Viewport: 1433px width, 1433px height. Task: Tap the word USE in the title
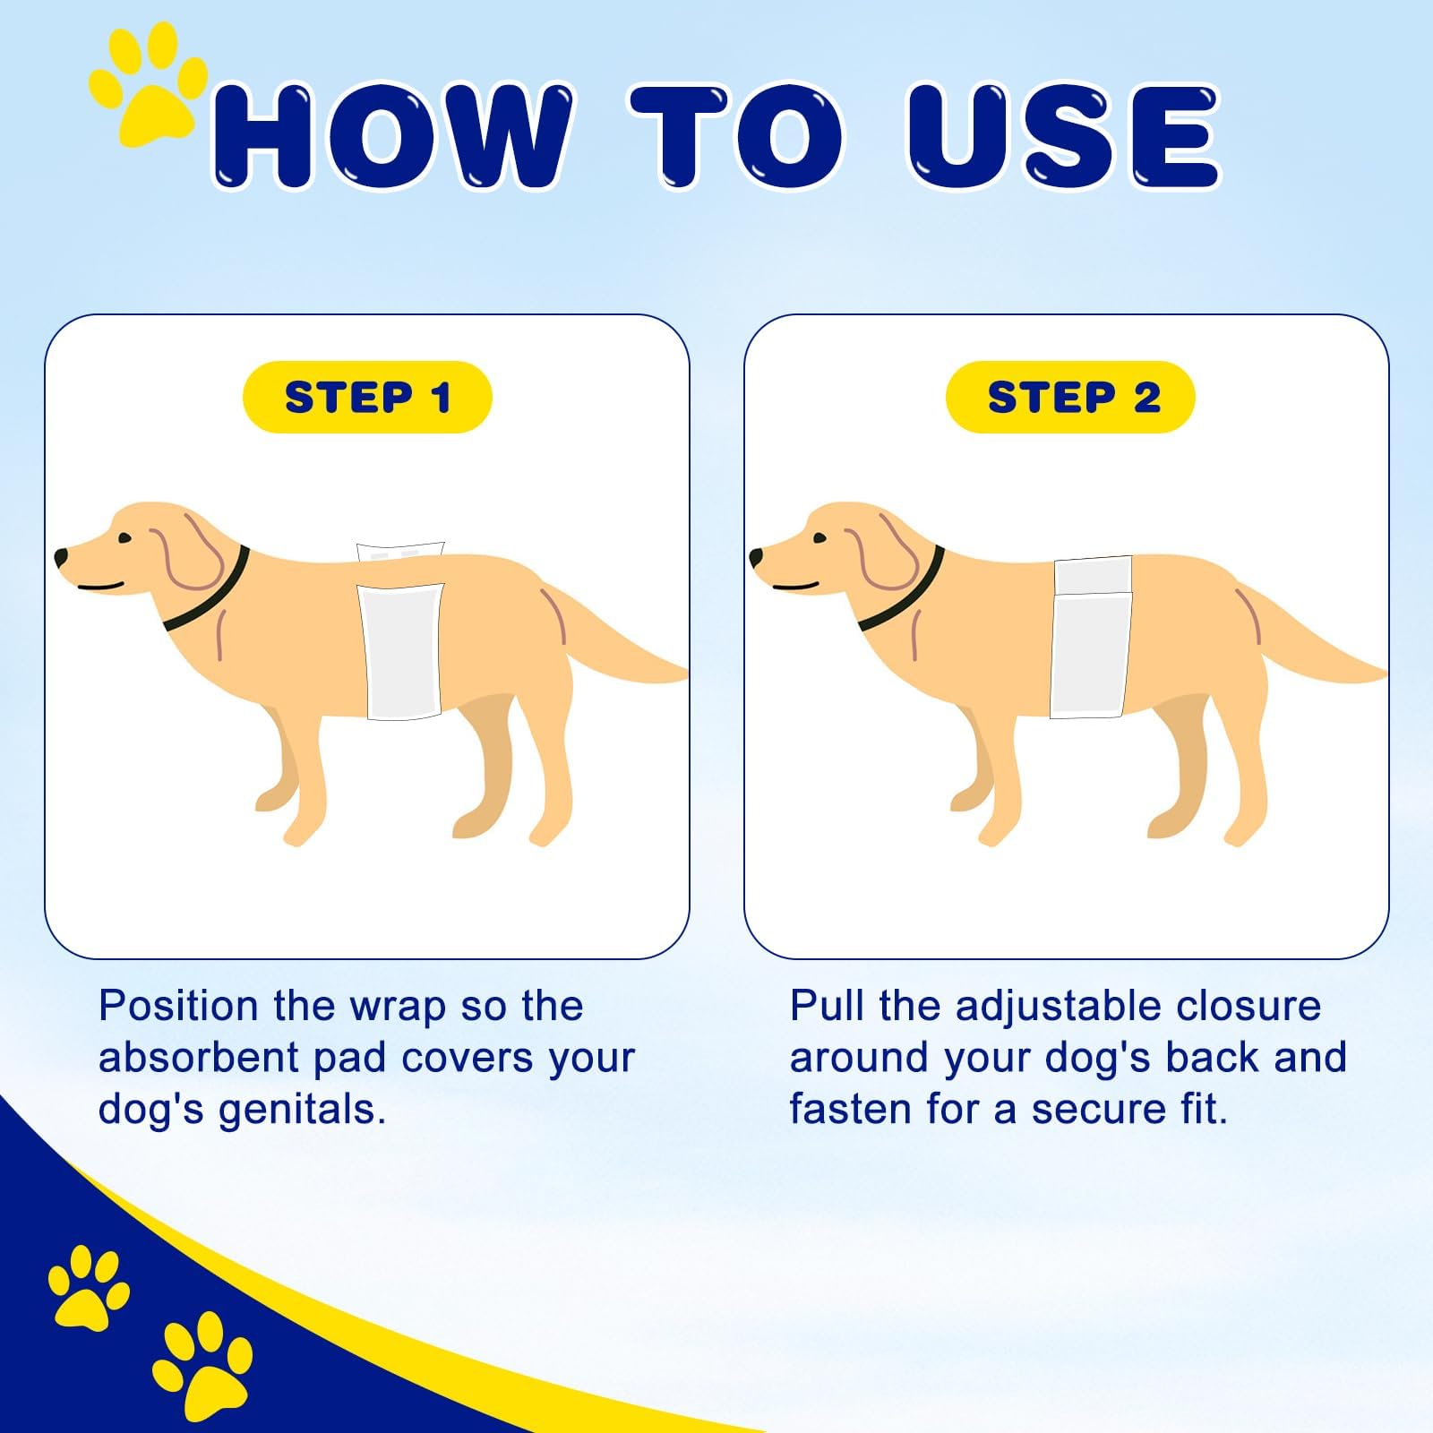tap(1063, 136)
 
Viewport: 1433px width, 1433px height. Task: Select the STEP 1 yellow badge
tap(367, 397)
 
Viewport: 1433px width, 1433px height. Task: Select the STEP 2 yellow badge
tap(1071, 397)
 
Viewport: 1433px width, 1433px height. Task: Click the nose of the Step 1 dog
tap(61, 557)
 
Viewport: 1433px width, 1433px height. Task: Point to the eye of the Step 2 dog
tap(819, 538)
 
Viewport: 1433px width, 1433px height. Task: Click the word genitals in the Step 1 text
tap(302, 1110)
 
